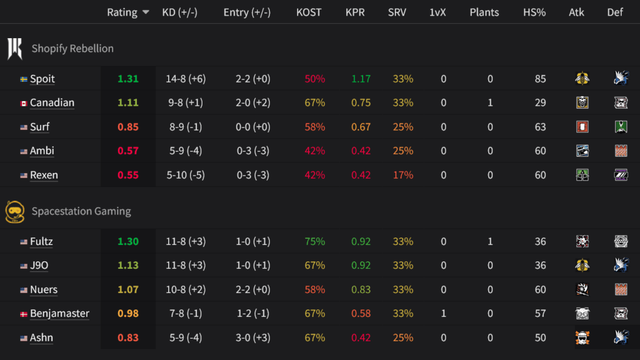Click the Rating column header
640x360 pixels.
pyautogui.click(x=122, y=12)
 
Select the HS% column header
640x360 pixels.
pyautogui.click(x=534, y=12)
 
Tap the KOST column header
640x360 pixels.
pyautogui.click(x=309, y=12)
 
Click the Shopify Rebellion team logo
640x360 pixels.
pyautogui.click(x=14, y=48)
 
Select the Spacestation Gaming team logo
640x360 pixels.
pyautogui.click(x=14, y=211)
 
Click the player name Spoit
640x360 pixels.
pyautogui.click(x=42, y=79)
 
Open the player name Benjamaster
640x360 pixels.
pyautogui.click(x=59, y=314)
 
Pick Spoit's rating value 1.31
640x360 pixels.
pyautogui.click(x=128, y=79)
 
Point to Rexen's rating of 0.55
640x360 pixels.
pyautogui.click(x=128, y=175)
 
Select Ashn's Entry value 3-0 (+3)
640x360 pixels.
pyautogui.click(x=253, y=338)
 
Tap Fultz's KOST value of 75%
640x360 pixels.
pyautogui.click(x=315, y=242)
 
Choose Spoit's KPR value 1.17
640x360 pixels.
pyautogui.click(x=361, y=79)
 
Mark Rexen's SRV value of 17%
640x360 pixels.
pyautogui.click(x=403, y=175)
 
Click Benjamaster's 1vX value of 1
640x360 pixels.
pyautogui.click(x=444, y=314)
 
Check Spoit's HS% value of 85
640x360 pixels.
pyautogui.click(x=540, y=79)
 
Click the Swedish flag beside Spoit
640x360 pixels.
pyautogui.click(x=24, y=79)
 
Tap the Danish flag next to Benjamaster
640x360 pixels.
pyautogui.click(x=24, y=314)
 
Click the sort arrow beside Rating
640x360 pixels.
pyautogui.click(x=146, y=12)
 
